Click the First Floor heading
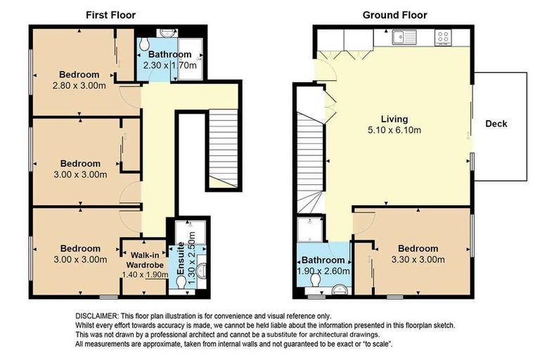[110, 15]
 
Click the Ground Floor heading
[394, 15]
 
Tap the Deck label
[496, 124]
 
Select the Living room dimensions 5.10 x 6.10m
[394, 130]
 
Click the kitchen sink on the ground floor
[404, 37]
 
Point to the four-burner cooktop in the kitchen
[443, 37]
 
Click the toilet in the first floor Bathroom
[145, 44]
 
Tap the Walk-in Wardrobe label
[145, 260]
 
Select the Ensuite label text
[181, 258]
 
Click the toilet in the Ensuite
[181, 283]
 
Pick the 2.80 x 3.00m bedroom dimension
[79, 86]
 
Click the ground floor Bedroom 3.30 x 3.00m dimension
[418, 259]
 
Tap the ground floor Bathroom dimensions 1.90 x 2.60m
[323, 271]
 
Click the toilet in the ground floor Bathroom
[315, 281]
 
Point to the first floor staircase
[224, 149]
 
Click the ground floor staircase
[310, 162]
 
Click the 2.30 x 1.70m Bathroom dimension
[169, 65]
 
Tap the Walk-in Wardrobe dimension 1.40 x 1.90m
[145, 274]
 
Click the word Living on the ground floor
[394, 120]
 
